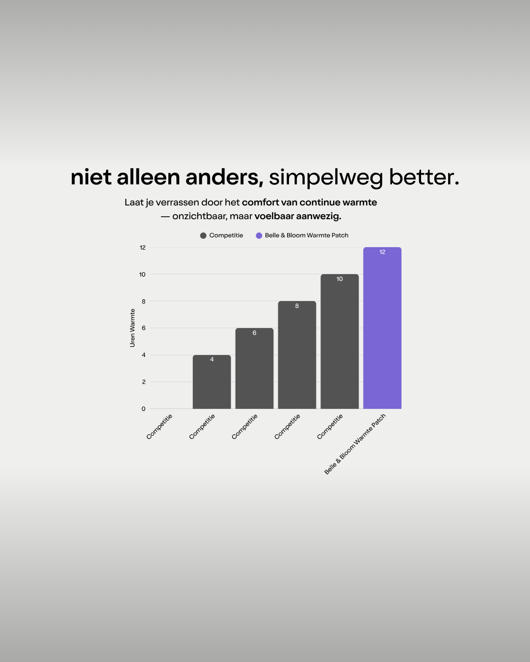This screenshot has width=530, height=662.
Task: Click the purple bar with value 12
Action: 382,328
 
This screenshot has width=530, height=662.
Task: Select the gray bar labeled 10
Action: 340,341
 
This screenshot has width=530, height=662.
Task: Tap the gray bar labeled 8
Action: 297,355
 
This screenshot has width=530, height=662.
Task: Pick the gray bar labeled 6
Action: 254,369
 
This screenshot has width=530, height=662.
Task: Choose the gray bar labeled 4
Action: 212,382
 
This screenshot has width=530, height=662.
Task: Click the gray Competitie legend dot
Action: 203,236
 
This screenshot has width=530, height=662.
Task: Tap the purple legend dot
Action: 259,236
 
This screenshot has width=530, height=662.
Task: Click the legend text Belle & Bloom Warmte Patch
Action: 307,235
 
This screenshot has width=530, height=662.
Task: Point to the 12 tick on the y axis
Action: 143,247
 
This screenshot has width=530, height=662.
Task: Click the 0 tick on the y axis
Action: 143,409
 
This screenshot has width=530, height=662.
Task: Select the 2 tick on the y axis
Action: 144,382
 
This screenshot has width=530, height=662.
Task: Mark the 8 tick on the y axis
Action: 144,301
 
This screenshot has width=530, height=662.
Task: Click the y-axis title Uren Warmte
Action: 132,328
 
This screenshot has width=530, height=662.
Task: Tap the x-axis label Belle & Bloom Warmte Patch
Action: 355,444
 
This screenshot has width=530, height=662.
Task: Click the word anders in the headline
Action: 224,178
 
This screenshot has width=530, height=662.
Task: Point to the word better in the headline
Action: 424,178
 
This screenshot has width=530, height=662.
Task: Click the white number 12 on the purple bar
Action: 382,252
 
